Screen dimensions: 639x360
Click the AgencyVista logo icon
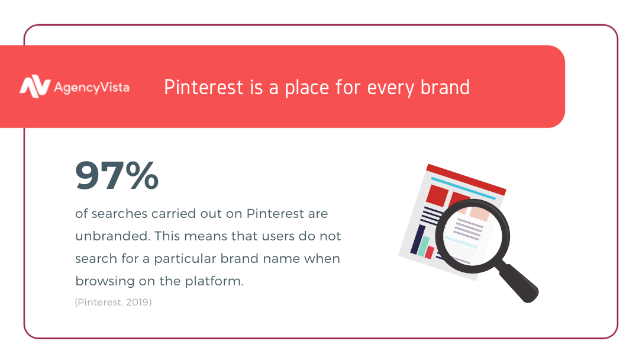point(35,86)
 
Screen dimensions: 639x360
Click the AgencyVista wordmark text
point(92,88)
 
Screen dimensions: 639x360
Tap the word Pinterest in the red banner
point(204,87)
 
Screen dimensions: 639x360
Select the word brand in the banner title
point(445,87)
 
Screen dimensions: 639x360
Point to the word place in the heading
point(307,88)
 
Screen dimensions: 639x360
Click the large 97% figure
point(117,175)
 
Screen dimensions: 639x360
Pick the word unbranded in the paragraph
point(112,236)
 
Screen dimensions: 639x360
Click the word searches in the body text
point(119,214)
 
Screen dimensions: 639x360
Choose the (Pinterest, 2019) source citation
point(113,302)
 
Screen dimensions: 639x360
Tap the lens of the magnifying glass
point(472,236)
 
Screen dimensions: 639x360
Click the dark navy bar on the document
point(418,239)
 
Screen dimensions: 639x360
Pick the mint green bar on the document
point(424,246)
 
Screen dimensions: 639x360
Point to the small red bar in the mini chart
point(430,252)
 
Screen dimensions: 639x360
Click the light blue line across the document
point(463,188)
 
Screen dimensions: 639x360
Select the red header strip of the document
point(466,179)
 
